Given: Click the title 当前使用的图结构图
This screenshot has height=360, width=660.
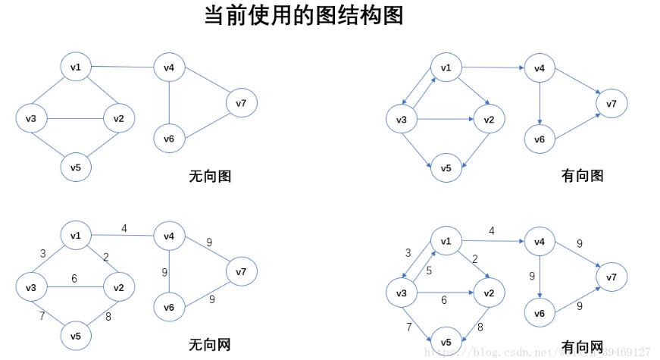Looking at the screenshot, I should click(303, 15).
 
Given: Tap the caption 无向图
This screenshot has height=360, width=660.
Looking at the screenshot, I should click(210, 177).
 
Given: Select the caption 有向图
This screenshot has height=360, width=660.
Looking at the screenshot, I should click(582, 176).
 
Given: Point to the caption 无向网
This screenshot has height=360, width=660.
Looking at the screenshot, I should click(210, 346).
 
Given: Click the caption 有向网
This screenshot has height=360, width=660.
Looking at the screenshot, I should click(582, 347).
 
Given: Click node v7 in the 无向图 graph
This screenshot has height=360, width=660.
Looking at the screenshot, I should click(241, 103).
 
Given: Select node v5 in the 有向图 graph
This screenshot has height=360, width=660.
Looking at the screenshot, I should click(446, 167).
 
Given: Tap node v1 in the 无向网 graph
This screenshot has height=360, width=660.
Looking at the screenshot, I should click(76, 236).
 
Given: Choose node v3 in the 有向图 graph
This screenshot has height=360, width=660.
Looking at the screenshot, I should click(402, 120).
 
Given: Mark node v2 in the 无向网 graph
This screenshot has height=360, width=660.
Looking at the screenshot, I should click(118, 287).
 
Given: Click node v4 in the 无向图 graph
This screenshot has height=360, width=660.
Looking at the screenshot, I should click(169, 68).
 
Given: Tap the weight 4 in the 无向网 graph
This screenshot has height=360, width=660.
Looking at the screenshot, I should click(124, 227).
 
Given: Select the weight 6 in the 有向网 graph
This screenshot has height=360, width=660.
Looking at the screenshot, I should click(446, 300).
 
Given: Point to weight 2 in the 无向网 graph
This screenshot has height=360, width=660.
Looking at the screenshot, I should click(106, 258).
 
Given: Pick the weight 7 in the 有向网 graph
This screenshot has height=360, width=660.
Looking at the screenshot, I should click(409, 327).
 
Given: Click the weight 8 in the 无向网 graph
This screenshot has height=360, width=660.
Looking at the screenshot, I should click(108, 317).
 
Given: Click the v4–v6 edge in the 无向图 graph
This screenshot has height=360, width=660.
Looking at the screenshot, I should click(169, 103).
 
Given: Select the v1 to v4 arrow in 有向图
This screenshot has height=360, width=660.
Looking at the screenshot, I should click(493, 67).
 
